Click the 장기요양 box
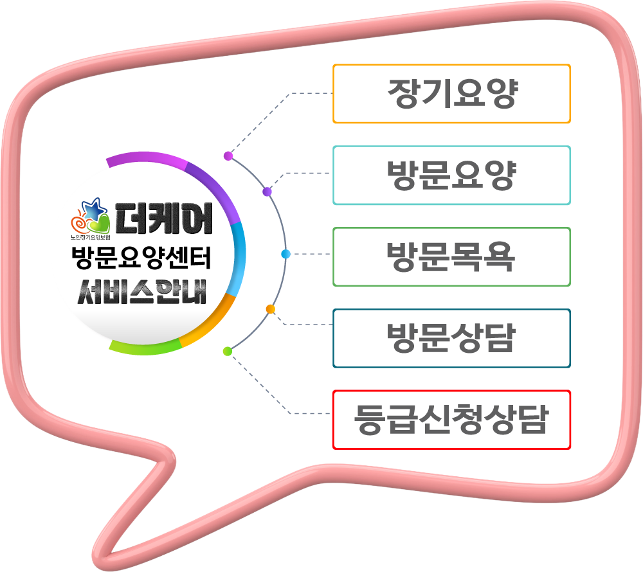[x=451, y=94]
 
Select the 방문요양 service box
[x=451, y=175]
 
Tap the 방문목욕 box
[x=451, y=256]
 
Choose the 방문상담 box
[x=451, y=338]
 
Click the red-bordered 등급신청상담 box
[x=451, y=420]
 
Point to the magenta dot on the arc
[x=228, y=156]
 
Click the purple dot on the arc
[x=267, y=192]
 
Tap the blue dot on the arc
[x=285, y=254]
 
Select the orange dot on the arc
[x=270, y=309]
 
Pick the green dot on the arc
[x=226, y=351]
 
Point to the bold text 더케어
[x=164, y=219]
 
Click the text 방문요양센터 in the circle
[x=141, y=260]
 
